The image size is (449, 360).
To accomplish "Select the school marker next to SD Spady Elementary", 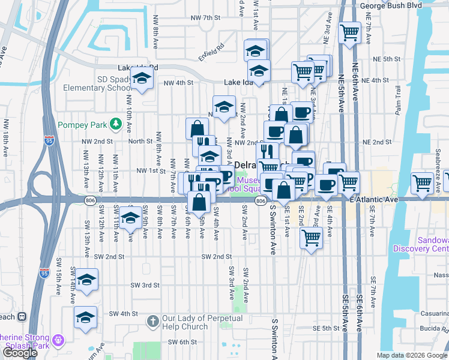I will (x=142, y=79).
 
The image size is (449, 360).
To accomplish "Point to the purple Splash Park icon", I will (x=58, y=340).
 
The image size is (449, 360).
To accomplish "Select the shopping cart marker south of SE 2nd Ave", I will (x=311, y=238).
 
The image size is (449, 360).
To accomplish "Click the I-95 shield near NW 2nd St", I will (x=49, y=141).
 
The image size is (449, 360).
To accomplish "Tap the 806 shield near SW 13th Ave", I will (x=89, y=202).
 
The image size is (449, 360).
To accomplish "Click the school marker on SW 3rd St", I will (x=86, y=280).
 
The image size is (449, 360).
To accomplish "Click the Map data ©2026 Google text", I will (x=412, y=355).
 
